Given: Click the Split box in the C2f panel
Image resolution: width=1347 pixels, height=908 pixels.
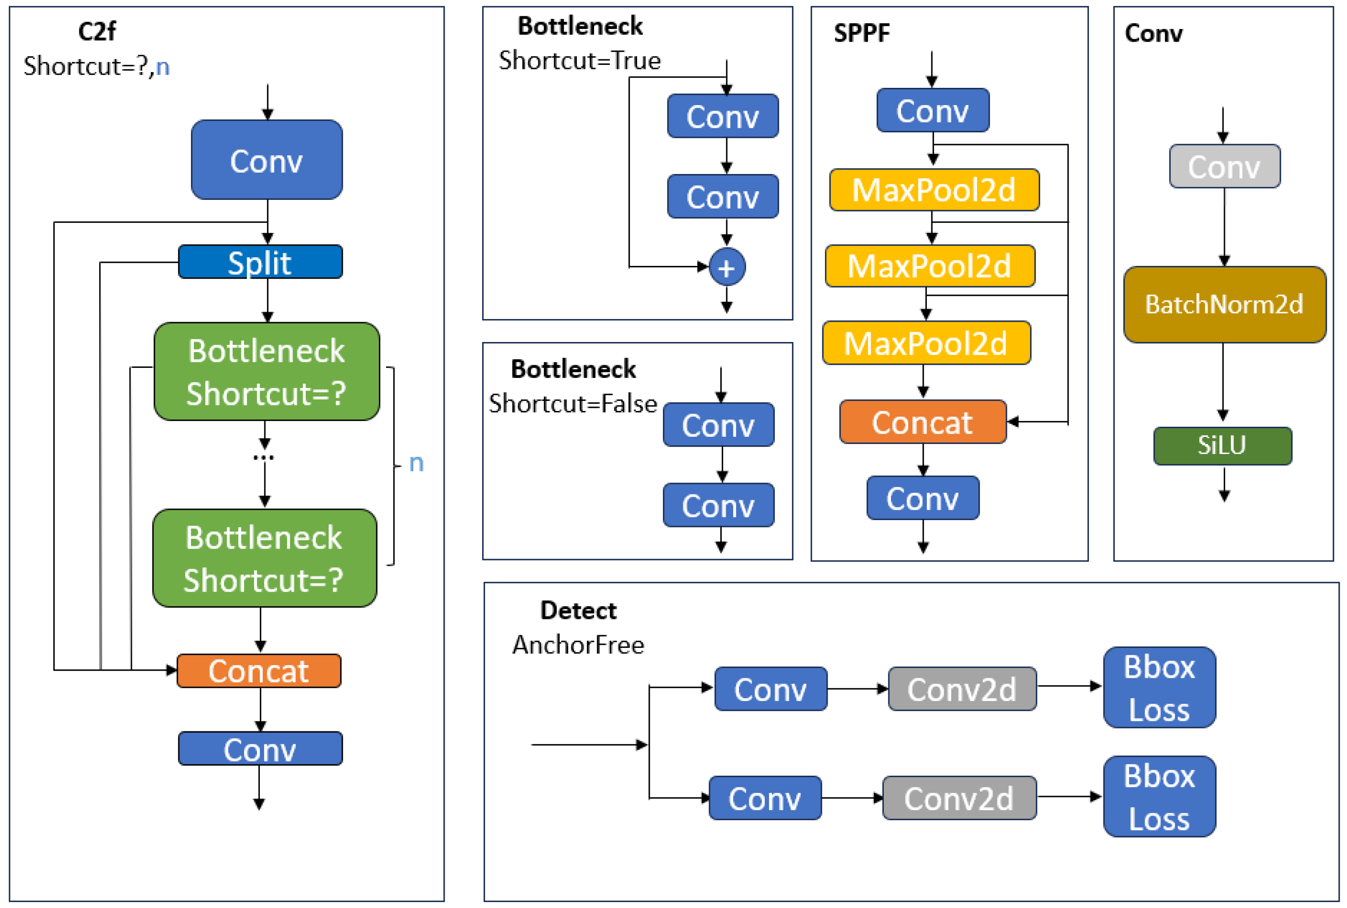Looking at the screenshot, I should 260,262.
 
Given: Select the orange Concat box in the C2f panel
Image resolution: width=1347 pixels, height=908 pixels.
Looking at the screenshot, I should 259,671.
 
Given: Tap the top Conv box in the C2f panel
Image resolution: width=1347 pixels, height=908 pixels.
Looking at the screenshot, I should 267,160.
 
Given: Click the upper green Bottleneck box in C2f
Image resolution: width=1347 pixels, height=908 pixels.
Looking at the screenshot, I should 267,371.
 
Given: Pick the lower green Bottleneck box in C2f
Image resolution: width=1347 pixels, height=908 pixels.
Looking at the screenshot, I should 264,558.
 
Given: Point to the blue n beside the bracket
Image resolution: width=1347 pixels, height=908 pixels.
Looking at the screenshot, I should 416,463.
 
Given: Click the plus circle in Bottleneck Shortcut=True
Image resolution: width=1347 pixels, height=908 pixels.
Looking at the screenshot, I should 727,267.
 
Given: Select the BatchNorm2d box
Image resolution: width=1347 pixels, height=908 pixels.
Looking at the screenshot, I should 1224,304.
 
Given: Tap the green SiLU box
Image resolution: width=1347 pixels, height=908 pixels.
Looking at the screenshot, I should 1222,445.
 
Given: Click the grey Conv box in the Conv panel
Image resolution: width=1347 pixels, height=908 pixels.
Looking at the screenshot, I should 1224,166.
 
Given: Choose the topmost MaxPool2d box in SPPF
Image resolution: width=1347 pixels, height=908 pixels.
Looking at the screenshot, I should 934,190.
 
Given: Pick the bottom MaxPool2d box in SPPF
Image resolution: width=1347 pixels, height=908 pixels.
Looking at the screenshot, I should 926,343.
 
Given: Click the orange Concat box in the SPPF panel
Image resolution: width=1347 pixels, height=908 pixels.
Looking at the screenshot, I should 922,421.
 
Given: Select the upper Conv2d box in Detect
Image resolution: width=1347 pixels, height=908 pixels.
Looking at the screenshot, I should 962,689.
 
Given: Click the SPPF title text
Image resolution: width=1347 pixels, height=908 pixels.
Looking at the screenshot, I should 861,33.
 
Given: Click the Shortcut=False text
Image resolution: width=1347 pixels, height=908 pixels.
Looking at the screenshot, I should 573,404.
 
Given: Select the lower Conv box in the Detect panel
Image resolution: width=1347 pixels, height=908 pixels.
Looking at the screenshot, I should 764,798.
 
